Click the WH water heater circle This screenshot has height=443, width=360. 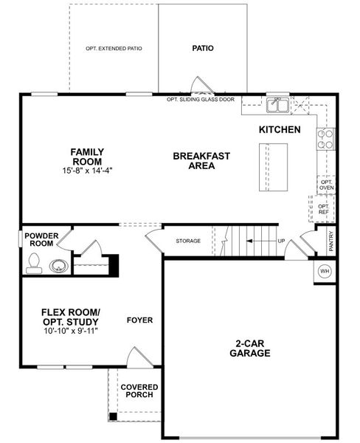pos(324,272)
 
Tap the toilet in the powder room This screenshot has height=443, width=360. pos(33,264)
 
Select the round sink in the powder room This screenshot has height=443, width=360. pos(58,265)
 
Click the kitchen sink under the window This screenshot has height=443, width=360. pos(277,105)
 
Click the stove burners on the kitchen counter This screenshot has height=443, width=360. pos(325,139)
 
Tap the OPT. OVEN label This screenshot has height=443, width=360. pos(325,184)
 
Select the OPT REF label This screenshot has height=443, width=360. pos(323,210)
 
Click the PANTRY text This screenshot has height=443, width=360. pos(331,241)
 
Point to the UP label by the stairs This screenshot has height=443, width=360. pos(281,241)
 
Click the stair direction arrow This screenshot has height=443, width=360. pos(258,241)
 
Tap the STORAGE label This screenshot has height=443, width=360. pos(188,241)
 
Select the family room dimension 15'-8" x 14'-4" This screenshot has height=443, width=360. pos(86,171)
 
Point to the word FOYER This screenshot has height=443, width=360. pos(139,320)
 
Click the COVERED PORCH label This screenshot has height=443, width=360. pos(137,391)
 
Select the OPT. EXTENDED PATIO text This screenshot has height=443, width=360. pos(114,49)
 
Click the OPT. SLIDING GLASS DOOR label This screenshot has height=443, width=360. pos(201,98)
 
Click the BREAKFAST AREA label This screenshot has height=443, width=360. pos(201,161)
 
